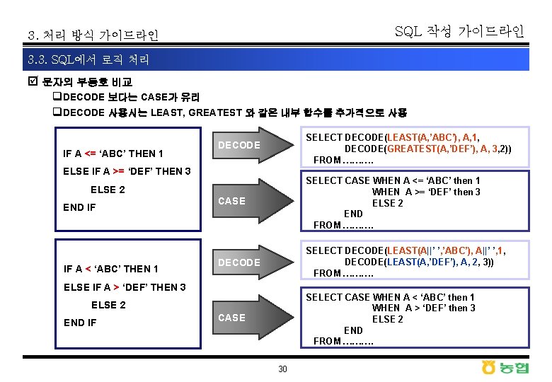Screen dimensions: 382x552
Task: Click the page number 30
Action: [282, 369]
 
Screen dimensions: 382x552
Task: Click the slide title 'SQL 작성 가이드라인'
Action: [459, 31]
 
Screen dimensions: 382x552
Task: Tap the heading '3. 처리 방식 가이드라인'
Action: [93, 35]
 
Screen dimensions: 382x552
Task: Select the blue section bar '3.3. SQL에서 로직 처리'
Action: [276, 60]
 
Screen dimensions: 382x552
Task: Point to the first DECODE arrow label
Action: [238, 145]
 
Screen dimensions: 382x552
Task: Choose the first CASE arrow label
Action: [231, 201]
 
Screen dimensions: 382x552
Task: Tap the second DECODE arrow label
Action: [238, 262]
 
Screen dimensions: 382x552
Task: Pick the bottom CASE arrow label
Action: [231, 318]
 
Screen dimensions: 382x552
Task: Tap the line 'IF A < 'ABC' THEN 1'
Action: [111, 269]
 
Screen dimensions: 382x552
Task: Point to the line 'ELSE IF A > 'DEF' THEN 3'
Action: [125, 286]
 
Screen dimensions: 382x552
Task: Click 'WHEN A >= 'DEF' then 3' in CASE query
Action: [426, 192]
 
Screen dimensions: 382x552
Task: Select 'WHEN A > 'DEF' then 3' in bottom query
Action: [424, 308]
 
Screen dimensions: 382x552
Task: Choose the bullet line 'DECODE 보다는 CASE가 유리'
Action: [130, 97]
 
